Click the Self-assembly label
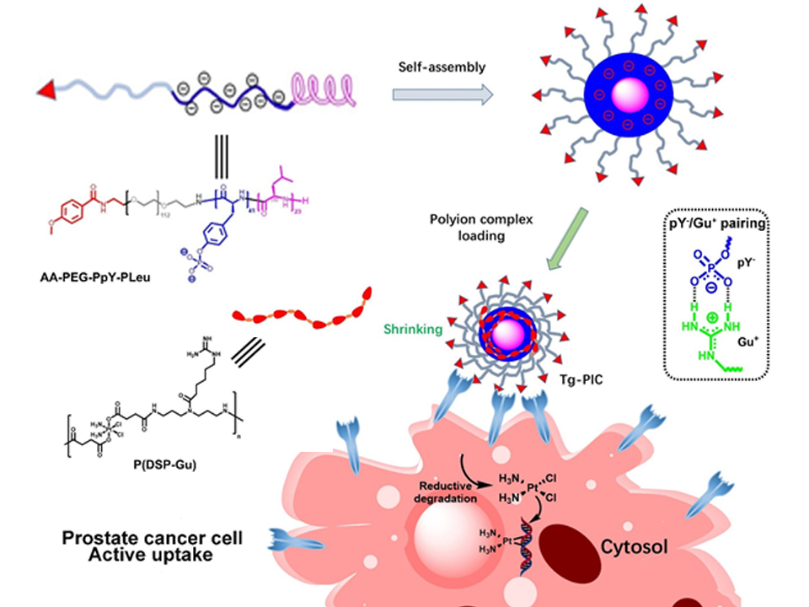pyautogui.click(x=442, y=64)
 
